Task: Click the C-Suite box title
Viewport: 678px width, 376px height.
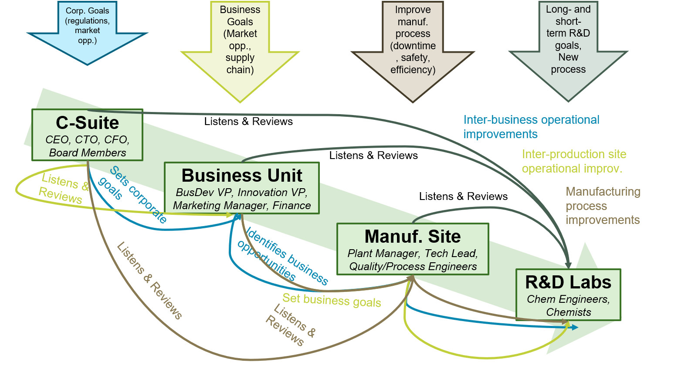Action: click(87, 123)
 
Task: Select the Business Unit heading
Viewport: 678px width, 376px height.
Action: click(242, 176)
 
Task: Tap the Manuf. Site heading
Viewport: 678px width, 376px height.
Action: click(412, 237)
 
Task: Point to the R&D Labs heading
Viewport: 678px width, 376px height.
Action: click(568, 282)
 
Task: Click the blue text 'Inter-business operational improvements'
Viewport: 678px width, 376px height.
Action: click(531, 127)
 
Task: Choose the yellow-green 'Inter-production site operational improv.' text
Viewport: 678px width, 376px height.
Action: click(574, 161)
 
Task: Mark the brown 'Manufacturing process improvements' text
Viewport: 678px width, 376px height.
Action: click(603, 206)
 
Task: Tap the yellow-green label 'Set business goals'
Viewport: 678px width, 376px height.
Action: click(332, 301)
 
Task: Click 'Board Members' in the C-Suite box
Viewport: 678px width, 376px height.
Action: click(88, 153)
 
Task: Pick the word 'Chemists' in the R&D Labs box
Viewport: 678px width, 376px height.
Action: click(569, 312)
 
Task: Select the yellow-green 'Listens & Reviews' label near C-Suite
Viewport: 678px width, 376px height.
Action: click(63, 188)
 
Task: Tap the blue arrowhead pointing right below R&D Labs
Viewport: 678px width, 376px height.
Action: click(575, 327)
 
